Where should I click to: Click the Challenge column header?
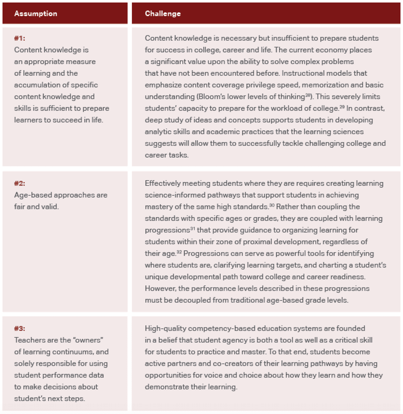163,13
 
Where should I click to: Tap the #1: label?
20,38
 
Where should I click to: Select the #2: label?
20,183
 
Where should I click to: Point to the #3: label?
20,328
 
